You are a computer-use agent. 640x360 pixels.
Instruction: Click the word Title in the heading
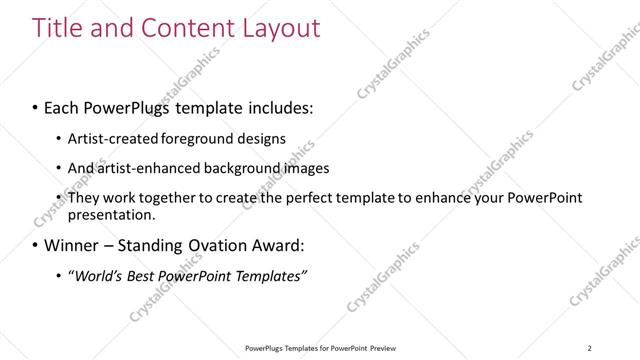tap(59, 28)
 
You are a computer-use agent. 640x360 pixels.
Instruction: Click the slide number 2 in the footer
tap(590, 347)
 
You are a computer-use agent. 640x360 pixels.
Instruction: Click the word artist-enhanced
tap(143, 168)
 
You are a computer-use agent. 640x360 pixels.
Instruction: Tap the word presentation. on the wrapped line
tap(112, 215)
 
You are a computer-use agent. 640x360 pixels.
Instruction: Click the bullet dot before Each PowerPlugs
tap(36, 105)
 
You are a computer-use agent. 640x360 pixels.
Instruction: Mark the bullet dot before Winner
tap(36, 245)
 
